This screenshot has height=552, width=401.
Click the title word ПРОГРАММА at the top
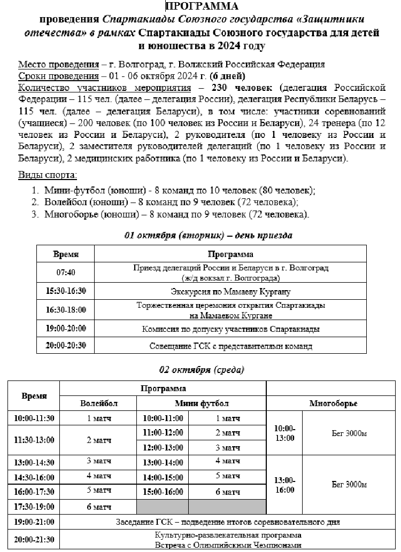[202, 6]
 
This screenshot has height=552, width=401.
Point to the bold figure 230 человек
[243, 87]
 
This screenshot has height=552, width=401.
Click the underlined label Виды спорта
[47, 175]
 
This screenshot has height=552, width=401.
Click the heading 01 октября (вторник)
[208, 235]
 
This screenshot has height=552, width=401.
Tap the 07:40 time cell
[66, 272]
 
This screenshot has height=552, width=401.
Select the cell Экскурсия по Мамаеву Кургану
[230, 292]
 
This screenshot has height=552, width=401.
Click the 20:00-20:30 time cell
[66, 345]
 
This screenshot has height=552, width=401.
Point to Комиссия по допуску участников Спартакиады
[230, 329]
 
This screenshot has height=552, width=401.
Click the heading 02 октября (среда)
[202, 370]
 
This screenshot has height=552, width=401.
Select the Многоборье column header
[333, 403]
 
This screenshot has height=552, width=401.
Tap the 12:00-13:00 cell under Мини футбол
[163, 447]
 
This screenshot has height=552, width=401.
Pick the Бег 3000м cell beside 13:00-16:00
[349, 484]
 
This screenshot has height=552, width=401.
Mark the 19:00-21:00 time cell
[34, 522]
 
